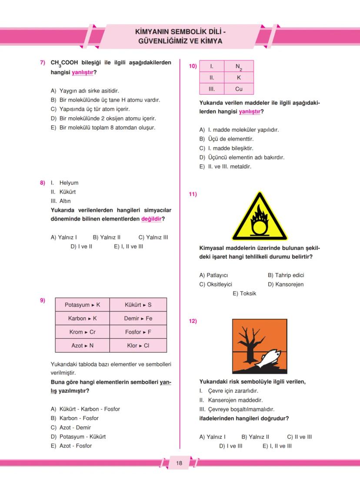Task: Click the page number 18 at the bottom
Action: (179, 463)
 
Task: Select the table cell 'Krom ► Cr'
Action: (83, 332)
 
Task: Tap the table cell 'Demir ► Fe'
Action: (138, 318)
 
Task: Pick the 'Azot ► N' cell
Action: (83, 346)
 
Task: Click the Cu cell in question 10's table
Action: (239, 89)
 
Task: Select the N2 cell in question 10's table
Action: (239, 67)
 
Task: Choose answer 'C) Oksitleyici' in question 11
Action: (216, 285)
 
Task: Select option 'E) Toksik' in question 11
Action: (244, 294)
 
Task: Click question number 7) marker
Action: (43, 63)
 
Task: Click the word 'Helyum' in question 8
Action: (69, 183)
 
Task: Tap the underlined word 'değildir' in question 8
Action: (151, 219)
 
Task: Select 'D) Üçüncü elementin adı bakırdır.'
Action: (242, 157)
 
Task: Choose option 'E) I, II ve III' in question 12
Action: (277, 446)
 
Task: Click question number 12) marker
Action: (192, 321)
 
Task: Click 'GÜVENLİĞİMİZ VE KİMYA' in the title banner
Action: (180, 41)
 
